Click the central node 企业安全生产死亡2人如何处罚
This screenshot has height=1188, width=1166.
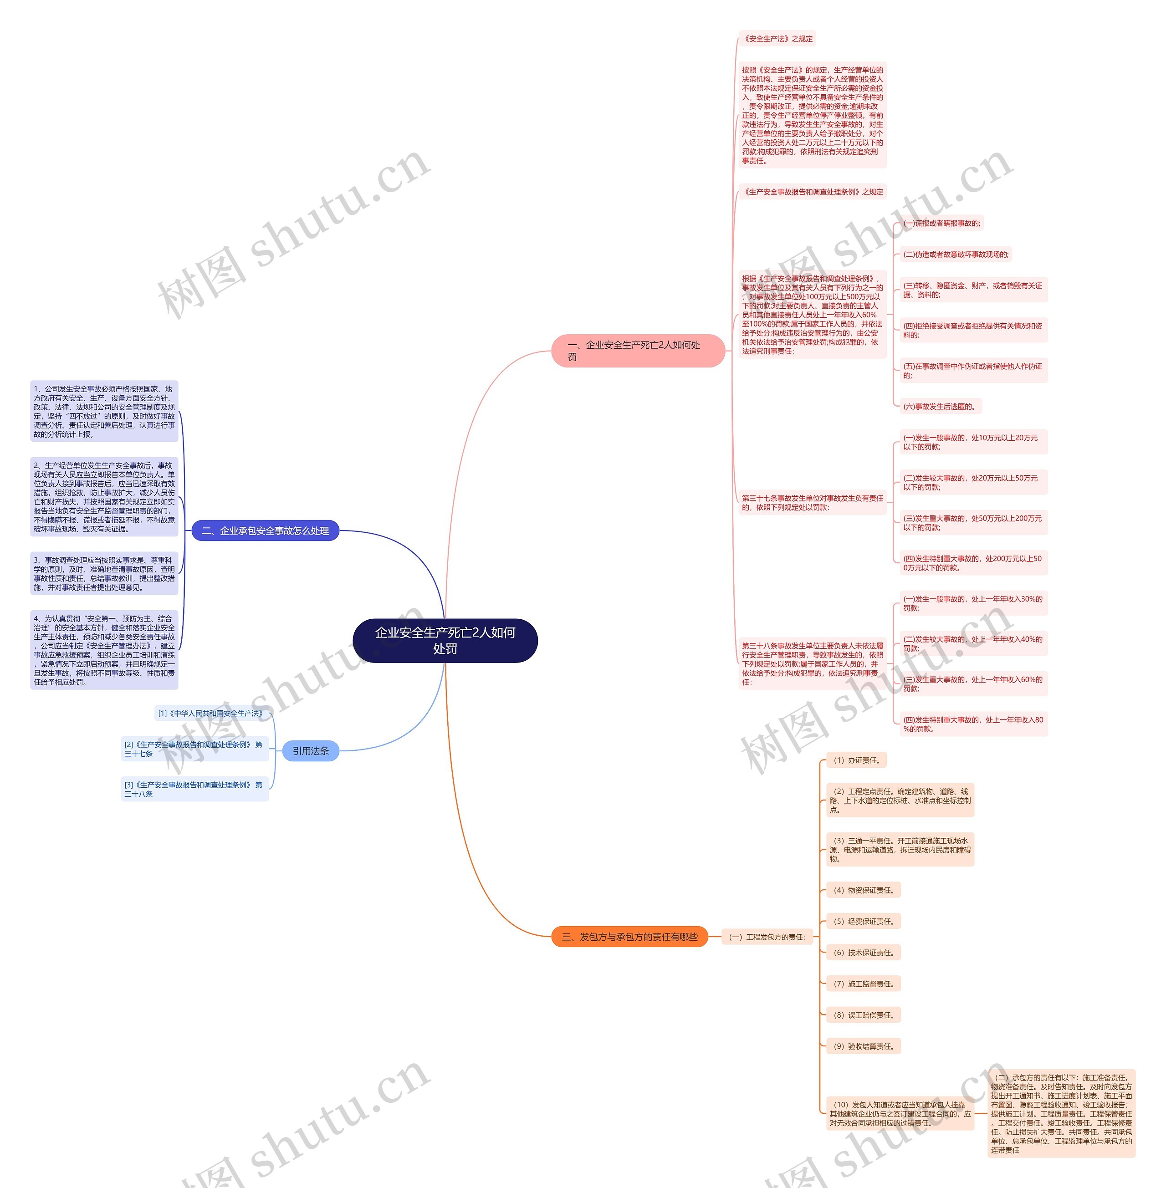tap(445, 641)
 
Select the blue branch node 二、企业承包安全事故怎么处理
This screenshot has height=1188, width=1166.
tap(265, 531)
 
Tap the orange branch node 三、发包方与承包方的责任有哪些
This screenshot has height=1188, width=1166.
tap(629, 937)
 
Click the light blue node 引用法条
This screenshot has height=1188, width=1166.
tap(311, 751)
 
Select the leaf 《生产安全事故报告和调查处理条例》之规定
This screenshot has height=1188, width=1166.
tap(813, 192)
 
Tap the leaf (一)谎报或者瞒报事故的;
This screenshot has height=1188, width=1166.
tap(941, 224)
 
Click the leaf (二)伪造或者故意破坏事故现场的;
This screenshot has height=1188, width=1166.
tap(955, 254)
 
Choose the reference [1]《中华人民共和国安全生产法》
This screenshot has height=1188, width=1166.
tap(212, 714)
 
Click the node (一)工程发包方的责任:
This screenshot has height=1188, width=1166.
tap(767, 937)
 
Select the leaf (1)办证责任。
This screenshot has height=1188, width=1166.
tap(856, 760)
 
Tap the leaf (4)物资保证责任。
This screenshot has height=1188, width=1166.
tap(863, 890)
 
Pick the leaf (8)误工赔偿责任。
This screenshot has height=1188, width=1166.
tap(863, 1015)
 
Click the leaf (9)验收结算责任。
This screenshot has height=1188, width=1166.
tap(863, 1046)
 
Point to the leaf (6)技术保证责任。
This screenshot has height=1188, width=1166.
tap(863, 953)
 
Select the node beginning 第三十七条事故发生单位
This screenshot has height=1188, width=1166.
tap(812, 503)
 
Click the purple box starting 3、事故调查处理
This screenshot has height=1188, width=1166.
tap(104, 574)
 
